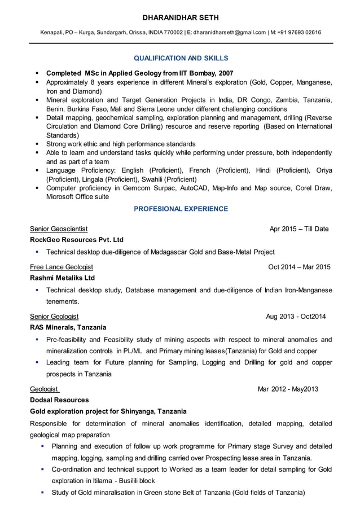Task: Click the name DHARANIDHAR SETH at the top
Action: click(x=181, y=18)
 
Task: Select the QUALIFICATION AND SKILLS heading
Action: click(x=181, y=58)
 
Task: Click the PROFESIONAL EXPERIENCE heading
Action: click(x=181, y=209)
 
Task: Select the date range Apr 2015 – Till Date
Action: click(x=299, y=229)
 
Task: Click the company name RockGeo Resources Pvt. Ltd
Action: click(x=76, y=239)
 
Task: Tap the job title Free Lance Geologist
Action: click(x=62, y=267)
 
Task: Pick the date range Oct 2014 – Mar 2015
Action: click(x=299, y=267)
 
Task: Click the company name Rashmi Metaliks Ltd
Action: click(x=62, y=278)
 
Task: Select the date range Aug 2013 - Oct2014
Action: click(x=296, y=317)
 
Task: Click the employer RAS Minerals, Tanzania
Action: click(x=68, y=327)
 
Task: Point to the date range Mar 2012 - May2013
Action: click(x=288, y=389)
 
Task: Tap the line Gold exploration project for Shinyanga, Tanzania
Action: click(x=108, y=411)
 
